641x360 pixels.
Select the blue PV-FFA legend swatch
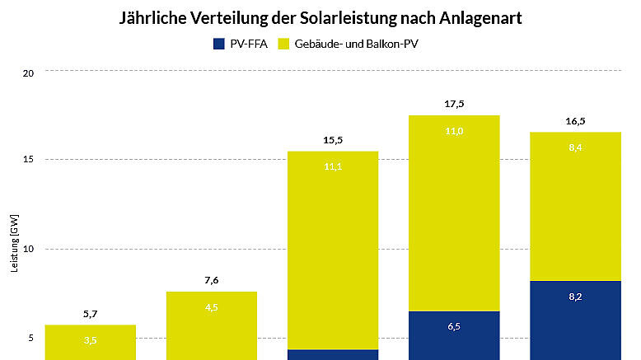pos(218,42)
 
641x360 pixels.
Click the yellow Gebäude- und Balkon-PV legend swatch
pos(284,42)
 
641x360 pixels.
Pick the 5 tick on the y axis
pos(30,338)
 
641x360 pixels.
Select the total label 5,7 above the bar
pos(90,314)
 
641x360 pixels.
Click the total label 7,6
pos(212,281)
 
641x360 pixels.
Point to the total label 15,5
pos(333,141)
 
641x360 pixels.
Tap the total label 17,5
pos(454,105)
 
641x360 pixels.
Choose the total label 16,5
pos(575,121)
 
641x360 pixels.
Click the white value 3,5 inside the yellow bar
pos(90,339)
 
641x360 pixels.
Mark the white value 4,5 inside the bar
pos(212,308)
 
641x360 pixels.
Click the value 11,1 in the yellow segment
pos(333,166)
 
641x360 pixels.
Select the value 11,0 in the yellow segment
pos(454,130)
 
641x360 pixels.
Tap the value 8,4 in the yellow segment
pos(575,148)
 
